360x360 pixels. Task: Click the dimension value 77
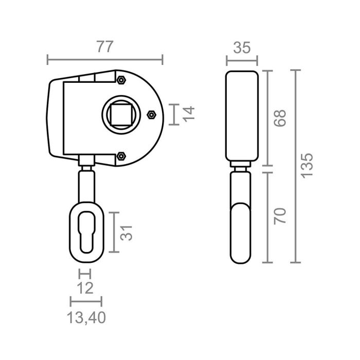pos(105,47)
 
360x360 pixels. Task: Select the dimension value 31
pos(126,232)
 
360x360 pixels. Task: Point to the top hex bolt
pos(121,81)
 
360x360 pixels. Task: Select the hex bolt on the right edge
pos(151,114)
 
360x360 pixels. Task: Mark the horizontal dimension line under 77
pos(105,60)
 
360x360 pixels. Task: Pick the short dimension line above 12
pos(85,273)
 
